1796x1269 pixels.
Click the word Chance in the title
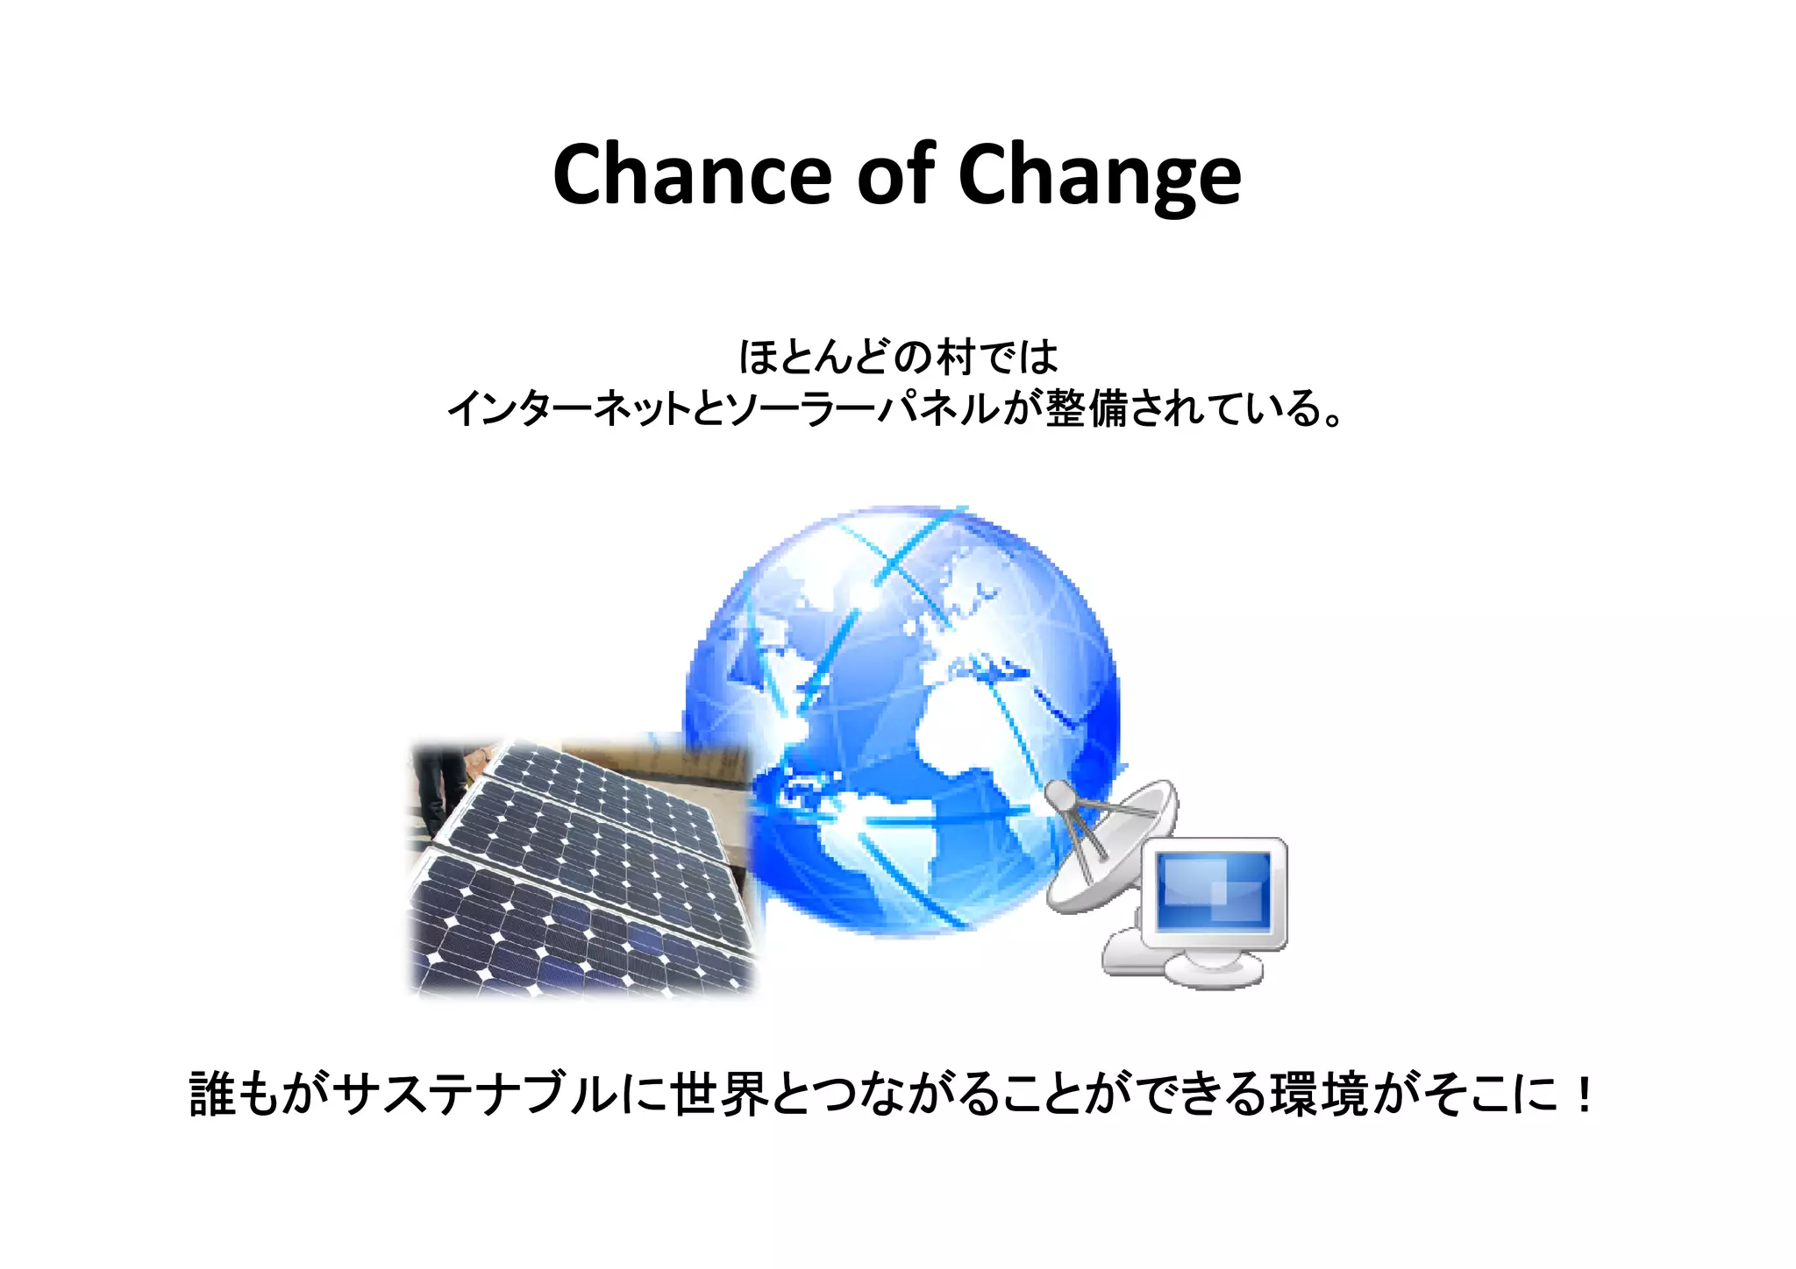pos(691,175)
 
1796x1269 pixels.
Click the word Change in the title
pos(1100,175)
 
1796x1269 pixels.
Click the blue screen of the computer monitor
pos(1214,889)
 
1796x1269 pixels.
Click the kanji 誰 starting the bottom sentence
pos(212,1095)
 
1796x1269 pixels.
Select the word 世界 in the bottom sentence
pos(719,1095)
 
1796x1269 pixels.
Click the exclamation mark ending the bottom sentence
pos(1583,1095)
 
